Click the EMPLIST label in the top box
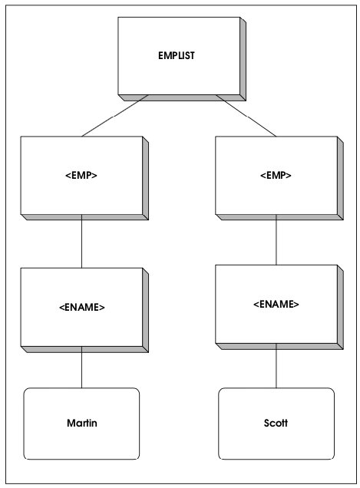177,56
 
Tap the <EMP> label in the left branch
81,175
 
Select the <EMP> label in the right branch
276,175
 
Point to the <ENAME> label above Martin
82,307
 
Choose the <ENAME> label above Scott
276,304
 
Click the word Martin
82,423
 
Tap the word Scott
276,423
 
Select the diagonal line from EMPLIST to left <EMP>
114,116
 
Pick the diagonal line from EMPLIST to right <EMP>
246,116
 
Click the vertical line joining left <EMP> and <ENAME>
81,241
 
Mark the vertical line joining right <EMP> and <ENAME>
276,239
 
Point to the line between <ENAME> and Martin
81,368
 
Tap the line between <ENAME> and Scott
276,366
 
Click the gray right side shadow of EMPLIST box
243,59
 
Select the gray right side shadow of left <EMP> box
145,178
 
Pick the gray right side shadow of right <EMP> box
340,178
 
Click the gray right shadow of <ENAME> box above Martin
145,310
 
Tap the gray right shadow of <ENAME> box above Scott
340,307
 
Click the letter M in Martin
71,423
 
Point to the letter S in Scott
266,423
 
